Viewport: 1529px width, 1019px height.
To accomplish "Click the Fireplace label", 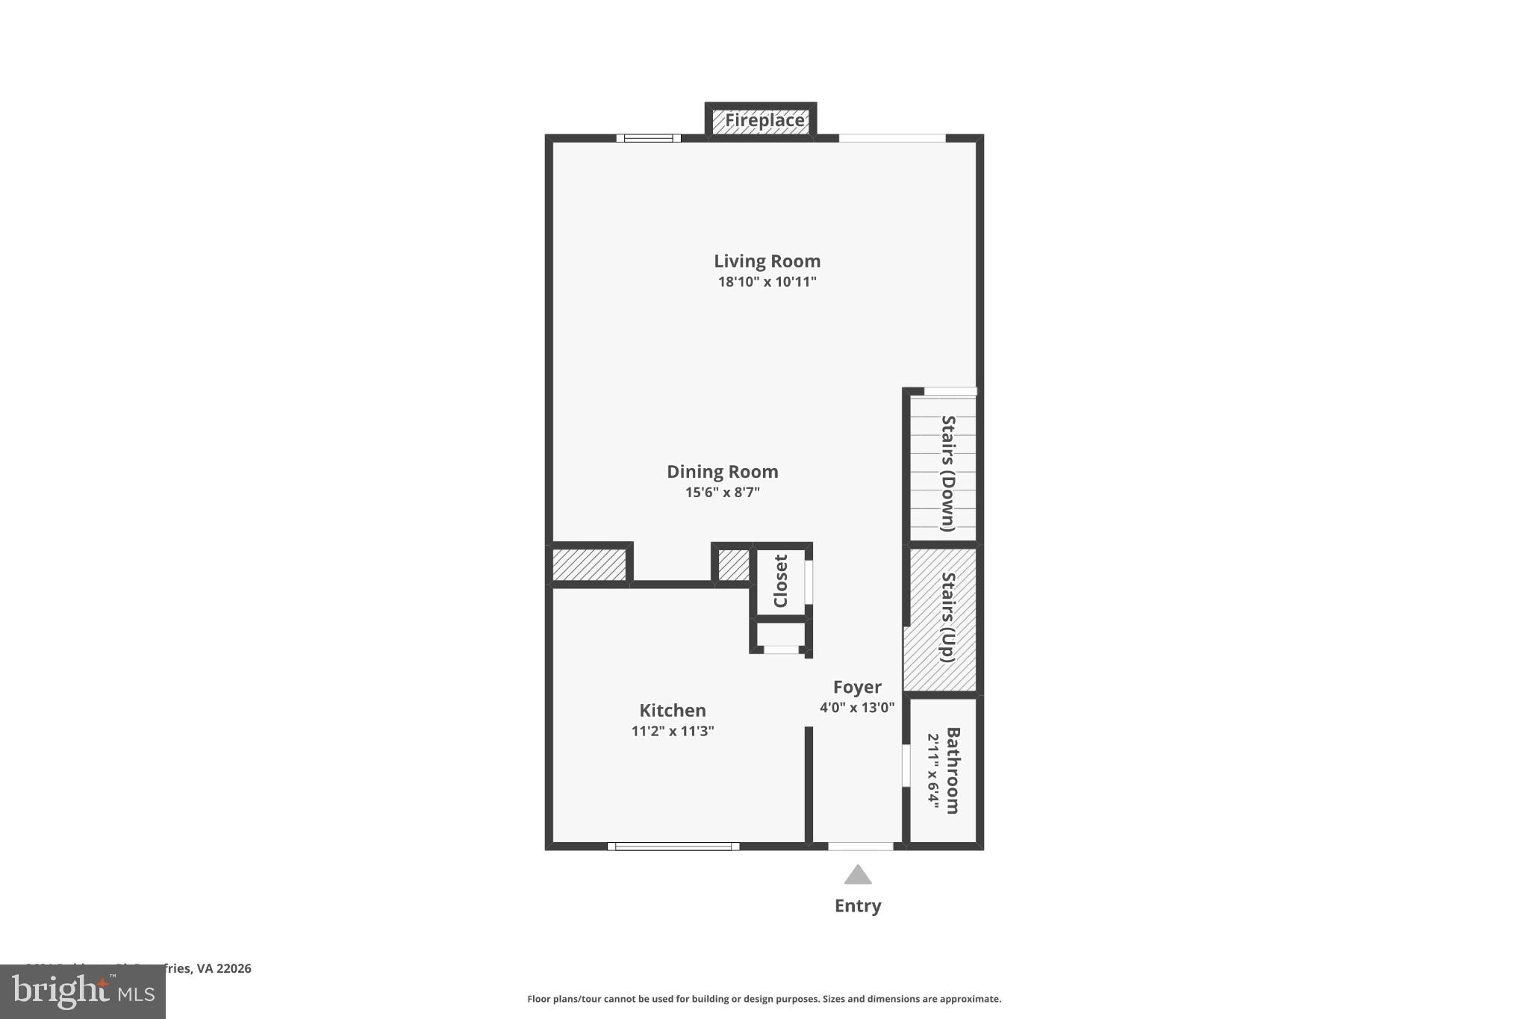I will pyautogui.click(x=764, y=120).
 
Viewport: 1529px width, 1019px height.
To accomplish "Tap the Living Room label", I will pyautogui.click(x=767, y=261).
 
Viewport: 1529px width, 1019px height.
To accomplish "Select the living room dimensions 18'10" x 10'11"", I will pyautogui.click(x=767, y=282).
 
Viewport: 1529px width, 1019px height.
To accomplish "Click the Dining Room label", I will pyautogui.click(x=722, y=472).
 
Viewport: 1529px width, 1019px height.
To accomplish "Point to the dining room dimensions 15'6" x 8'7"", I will pyautogui.click(x=722, y=493).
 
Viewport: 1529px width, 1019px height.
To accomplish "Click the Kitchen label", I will pyautogui.click(x=672, y=711).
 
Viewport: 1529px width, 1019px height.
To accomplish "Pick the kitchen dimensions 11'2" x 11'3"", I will pyautogui.click(x=672, y=732).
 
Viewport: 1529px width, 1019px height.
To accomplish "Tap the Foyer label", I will pyautogui.click(x=857, y=688).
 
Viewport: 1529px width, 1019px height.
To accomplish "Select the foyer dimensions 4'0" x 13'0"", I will pyautogui.click(x=856, y=708).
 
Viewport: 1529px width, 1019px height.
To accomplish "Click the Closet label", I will pyautogui.click(x=781, y=581).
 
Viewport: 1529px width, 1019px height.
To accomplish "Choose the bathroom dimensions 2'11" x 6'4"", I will pyautogui.click(x=932, y=770).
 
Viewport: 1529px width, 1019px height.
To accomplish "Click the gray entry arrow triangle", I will pyautogui.click(x=858, y=875).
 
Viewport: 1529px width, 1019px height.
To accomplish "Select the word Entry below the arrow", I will pyautogui.click(x=858, y=906).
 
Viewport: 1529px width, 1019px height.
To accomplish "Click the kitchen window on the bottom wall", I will pyautogui.click(x=673, y=847).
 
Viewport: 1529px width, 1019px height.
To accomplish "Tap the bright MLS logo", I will pyautogui.click(x=83, y=992).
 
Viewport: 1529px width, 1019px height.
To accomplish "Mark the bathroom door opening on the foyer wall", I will pyautogui.click(x=906, y=765).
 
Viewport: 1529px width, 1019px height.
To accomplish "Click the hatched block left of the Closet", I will pyautogui.click(x=733, y=565).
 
